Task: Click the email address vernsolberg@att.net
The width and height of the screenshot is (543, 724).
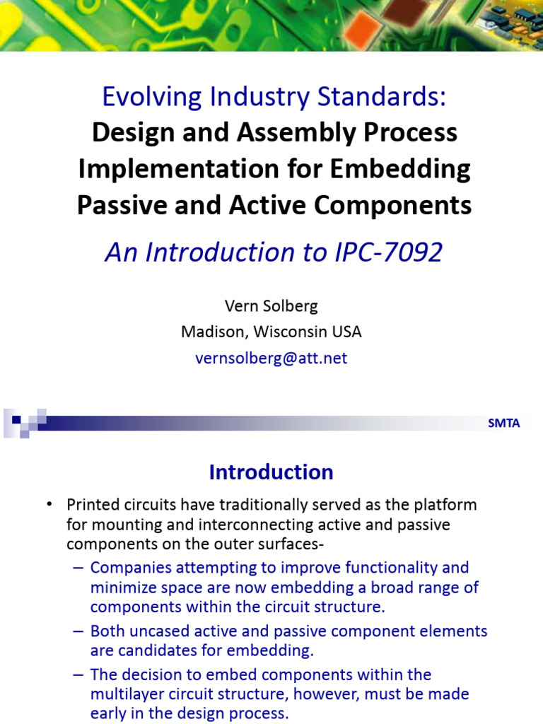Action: coord(271,358)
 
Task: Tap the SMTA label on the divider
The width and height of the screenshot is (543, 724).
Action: coord(503,424)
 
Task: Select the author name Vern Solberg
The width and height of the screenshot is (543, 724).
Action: coord(271,305)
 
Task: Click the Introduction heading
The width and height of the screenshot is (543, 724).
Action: coord(271,472)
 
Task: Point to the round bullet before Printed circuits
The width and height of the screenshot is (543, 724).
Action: coord(49,505)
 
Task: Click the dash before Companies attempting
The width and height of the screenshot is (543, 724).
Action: coord(77,568)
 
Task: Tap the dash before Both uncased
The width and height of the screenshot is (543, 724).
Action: coord(77,631)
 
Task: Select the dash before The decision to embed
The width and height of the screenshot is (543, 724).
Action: coord(77,675)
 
